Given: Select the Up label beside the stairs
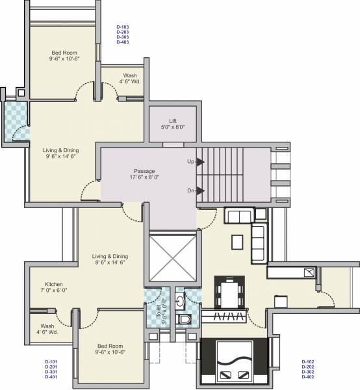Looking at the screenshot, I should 191,161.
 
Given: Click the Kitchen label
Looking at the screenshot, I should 53,285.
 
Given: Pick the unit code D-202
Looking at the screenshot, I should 309,368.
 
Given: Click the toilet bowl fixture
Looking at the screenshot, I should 185,319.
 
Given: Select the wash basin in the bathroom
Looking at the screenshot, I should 186,301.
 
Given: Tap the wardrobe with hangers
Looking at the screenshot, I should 224,318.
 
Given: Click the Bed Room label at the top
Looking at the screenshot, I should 66,54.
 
